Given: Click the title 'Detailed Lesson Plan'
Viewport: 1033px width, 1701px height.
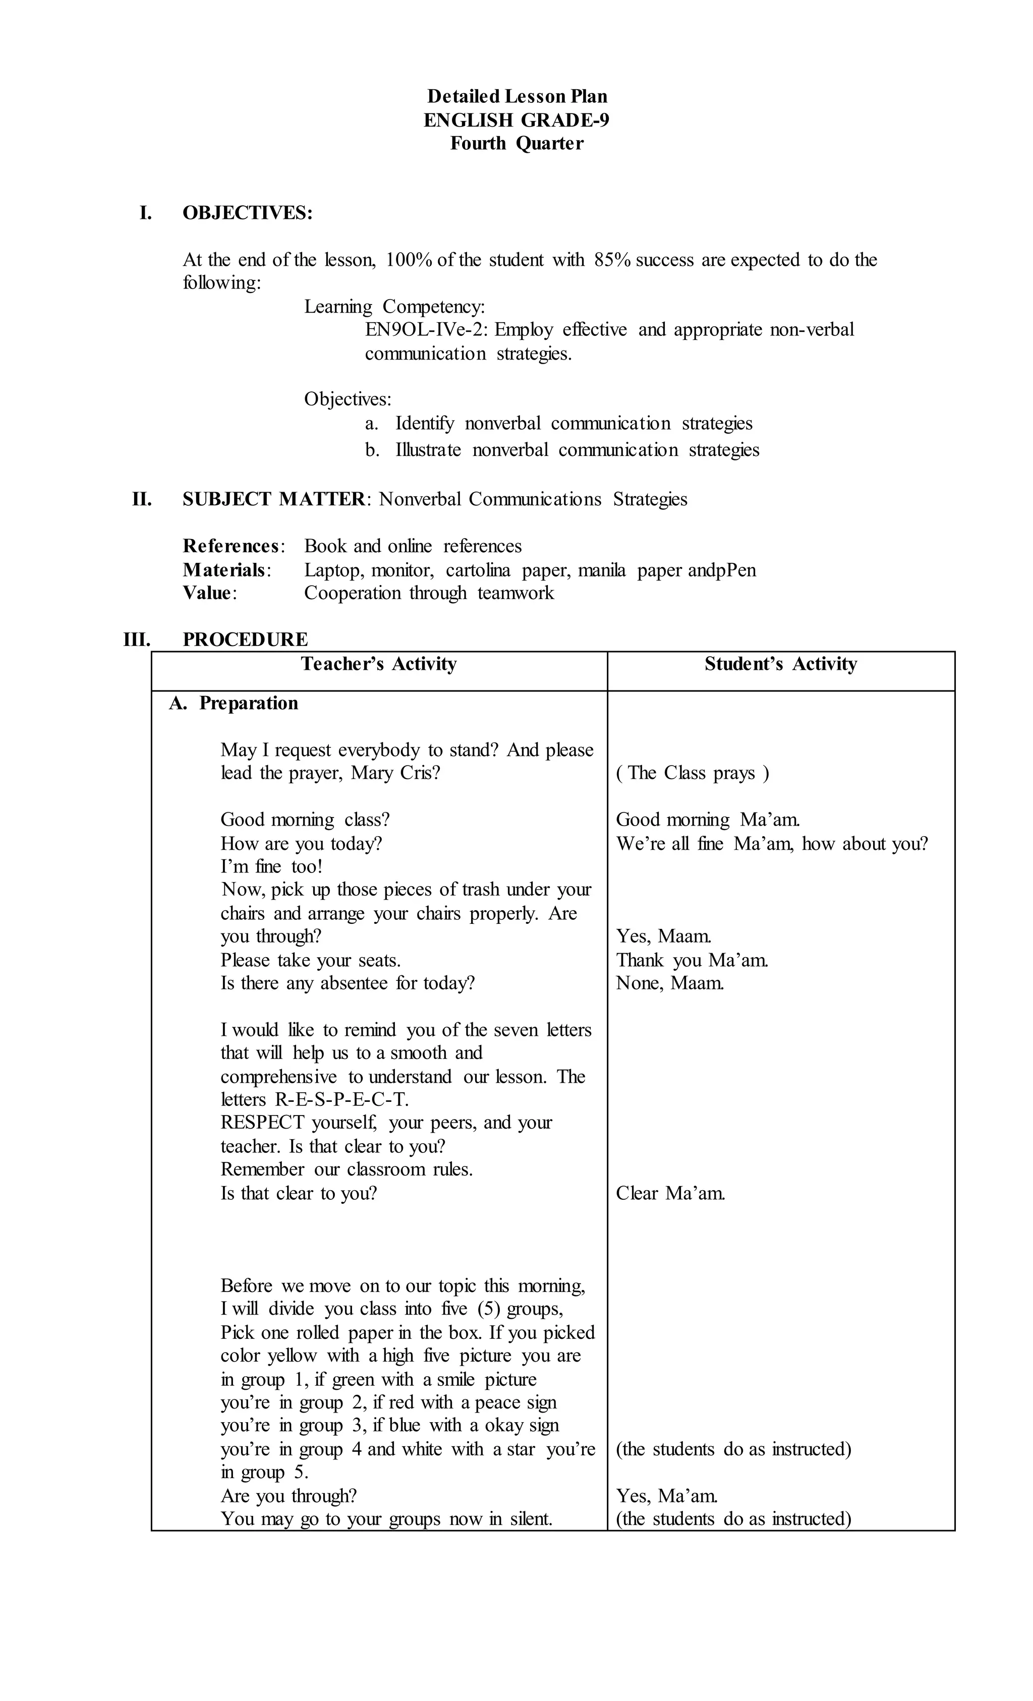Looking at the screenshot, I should [516, 96].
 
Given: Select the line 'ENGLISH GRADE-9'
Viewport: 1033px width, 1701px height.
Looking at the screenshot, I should [516, 120].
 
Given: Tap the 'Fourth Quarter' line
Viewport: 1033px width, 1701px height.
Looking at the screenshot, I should [516, 144].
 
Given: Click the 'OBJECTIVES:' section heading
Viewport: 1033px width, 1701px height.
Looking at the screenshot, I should [247, 213].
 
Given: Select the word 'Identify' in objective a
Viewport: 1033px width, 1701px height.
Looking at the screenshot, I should [424, 423].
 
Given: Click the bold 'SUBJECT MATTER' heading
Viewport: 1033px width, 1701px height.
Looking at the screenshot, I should [273, 499].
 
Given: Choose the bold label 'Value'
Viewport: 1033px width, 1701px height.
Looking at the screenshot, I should [207, 593].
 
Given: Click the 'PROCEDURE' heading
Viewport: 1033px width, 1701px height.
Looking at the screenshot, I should [245, 639].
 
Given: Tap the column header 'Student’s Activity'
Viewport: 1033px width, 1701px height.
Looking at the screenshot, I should [780, 664].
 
